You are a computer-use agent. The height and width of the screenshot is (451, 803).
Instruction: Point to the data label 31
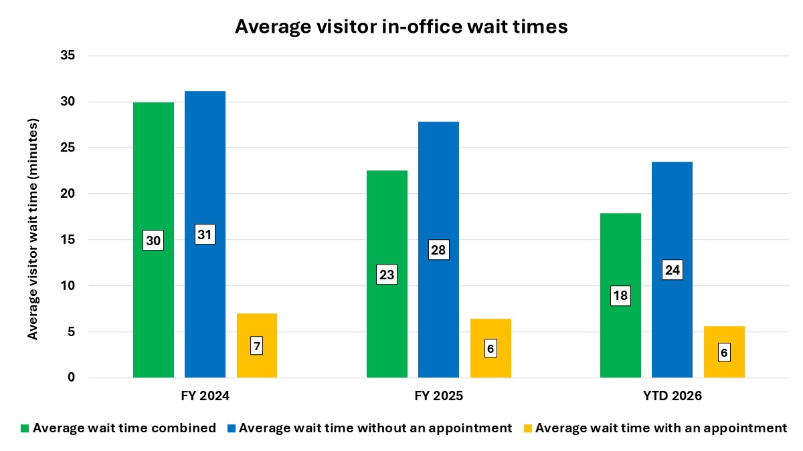tap(205, 235)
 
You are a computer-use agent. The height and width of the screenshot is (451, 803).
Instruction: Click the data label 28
tap(438, 250)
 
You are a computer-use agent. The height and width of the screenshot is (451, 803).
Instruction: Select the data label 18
tap(620, 296)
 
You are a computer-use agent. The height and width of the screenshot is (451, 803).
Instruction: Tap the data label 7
tap(257, 346)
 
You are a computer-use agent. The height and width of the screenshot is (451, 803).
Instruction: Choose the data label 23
tap(387, 275)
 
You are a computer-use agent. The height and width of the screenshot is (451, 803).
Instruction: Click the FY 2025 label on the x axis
tap(438, 396)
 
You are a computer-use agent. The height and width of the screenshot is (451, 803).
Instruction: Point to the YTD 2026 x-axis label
tap(672, 396)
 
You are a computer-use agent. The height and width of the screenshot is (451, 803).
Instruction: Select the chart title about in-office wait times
tap(401, 27)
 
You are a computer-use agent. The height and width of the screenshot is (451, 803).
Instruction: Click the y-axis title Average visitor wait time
tap(32, 229)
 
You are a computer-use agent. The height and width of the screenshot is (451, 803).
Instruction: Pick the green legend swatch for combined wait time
tap(25, 428)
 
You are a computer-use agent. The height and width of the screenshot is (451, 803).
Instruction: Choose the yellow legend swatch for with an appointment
tap(528, 428)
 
